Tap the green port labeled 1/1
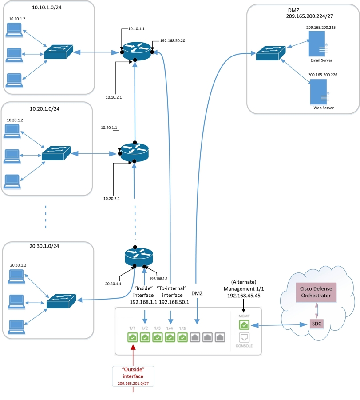(132, 338)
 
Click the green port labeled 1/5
(182, 338)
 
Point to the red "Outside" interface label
(133, 372)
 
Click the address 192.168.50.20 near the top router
(173, 40)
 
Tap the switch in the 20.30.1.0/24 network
(61, 301)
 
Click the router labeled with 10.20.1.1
(135, 152)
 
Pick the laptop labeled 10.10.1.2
(14, 30)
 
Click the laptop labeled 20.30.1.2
(18, 276)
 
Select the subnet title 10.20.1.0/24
(44, 108)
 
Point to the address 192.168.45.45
(243, 295)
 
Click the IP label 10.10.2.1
(113, 96)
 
